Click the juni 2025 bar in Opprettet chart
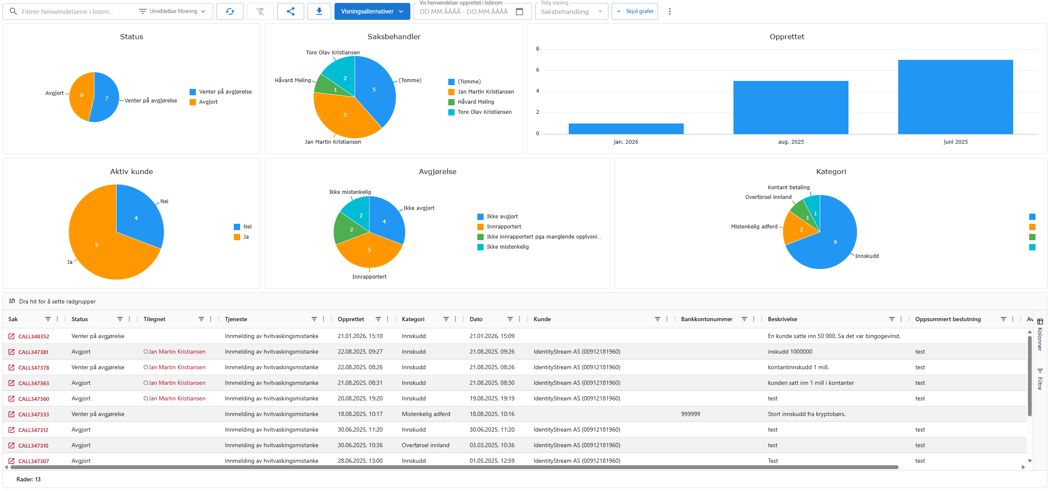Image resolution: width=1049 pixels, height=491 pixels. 955,97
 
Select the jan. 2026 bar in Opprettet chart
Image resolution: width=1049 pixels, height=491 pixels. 626,129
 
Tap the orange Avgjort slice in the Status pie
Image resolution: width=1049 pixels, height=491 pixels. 81,96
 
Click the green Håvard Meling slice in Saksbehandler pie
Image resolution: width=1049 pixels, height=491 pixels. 333,87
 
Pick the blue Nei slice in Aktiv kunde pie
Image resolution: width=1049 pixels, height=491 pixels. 137,215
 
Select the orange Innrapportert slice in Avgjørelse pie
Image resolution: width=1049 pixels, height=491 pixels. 369,251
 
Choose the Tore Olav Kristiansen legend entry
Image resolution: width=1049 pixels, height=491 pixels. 484,112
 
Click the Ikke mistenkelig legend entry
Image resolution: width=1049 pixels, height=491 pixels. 507,247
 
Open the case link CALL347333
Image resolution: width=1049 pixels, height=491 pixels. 34,414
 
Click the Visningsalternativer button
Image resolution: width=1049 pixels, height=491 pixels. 372,11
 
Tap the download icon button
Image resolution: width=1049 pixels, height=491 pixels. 319,11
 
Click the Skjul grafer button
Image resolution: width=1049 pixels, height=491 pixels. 635,11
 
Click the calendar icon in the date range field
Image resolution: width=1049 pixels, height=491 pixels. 519,11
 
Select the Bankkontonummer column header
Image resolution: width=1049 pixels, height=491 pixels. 706,319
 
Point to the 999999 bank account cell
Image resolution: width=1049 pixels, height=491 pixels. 690,414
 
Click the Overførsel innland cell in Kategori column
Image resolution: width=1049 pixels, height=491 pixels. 425,445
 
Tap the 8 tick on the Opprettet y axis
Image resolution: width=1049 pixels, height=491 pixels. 538,49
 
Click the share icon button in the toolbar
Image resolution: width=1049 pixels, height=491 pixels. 290,11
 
